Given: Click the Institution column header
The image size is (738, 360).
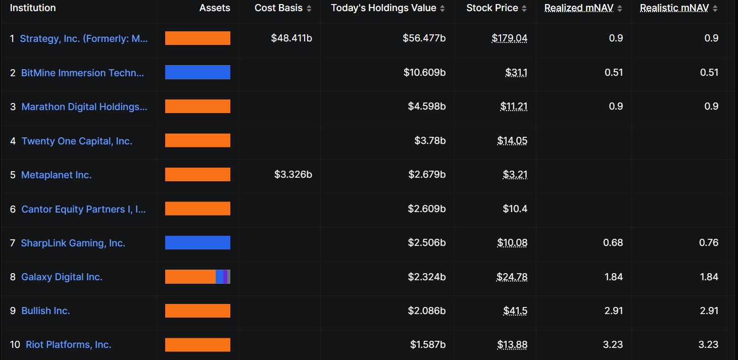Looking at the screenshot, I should (x=33, y=8).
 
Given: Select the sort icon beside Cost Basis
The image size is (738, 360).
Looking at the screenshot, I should (x=309, y=9).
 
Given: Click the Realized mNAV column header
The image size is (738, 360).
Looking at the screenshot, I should (x=578, y=8).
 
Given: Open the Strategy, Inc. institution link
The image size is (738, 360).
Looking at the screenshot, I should (x=84, y=39).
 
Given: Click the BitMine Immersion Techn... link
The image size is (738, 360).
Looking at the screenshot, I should (x=82, y=73).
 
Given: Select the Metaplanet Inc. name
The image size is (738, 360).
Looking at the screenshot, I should (x=56, y=175).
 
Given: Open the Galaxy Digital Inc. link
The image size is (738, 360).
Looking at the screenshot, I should (x=62, y=277).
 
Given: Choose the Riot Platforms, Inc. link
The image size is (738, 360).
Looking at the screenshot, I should (x=68, y=345).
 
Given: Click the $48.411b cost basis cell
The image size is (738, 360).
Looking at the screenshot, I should (x=291, y=38).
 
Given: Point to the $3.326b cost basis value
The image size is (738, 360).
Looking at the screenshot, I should (x=293, y=175).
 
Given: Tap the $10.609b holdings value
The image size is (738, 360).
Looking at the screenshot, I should (x=424, y=73).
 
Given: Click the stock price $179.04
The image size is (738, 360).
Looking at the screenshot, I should (x=509, y=38).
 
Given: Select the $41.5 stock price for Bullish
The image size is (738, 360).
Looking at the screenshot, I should (x=515, y=311).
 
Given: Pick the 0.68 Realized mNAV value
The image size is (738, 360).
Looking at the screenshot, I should (x=613, y=243).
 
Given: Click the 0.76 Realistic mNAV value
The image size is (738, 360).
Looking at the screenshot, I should (x=709, y=243).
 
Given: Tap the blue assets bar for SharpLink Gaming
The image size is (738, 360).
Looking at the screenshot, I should (x=198, y=243).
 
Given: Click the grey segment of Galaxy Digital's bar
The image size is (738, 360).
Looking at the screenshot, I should (x=229, y=277).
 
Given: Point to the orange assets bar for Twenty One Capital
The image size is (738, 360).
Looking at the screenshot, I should (x=198, y=140).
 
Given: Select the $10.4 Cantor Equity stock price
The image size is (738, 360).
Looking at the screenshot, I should (x=515, y=209).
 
